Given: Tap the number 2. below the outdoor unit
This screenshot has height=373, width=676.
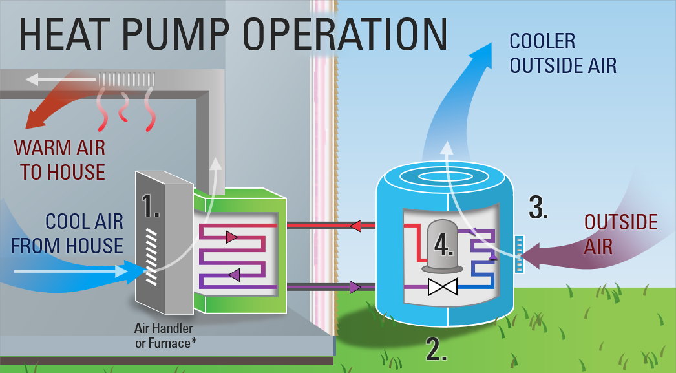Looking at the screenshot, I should (436, 349).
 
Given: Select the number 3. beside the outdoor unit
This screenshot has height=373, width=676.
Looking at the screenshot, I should (538, 207).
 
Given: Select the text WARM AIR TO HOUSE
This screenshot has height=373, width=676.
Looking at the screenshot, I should (59, 160).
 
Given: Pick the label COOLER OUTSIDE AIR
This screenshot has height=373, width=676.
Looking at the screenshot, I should (562, 53).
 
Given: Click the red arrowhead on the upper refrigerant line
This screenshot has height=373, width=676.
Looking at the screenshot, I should (355, 226).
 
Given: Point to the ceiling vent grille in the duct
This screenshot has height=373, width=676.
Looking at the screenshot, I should (127, 80).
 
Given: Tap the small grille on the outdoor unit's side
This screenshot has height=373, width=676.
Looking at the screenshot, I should (517, 253).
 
